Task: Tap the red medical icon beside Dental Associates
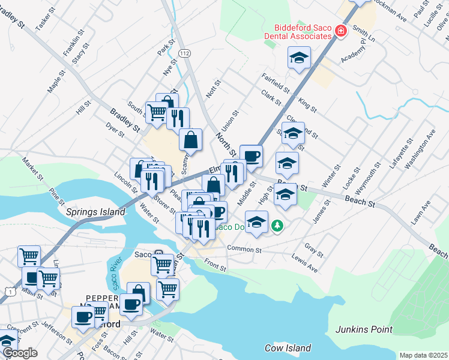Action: coord(341,31)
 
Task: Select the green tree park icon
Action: coord(277,226)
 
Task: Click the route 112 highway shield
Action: coord(185,54)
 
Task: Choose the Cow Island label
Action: coord(288,348)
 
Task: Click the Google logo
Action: coord(19,353)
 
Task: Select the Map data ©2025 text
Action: coord(423,355)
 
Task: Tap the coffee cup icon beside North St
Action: coord(251,155)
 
